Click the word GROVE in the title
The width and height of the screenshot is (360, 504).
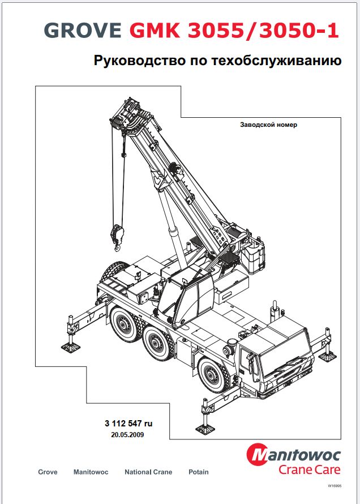click(x=83, y=30)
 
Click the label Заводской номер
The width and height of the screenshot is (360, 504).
click(x=268, y=125)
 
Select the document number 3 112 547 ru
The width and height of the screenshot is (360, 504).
click(x=128, y=424)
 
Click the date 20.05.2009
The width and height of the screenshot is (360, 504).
click(x=127, y=435)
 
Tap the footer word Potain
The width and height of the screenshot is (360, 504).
click(x=199, y=472)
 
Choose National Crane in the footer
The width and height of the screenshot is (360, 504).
click(x=148, y=472)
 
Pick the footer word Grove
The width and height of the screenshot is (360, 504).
click(x=48, y=472)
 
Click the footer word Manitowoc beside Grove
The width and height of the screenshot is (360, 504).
click(x=91, y=472)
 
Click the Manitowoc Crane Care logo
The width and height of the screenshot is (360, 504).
click(x=294, y=459)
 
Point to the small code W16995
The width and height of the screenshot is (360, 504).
click(x=335, y=486)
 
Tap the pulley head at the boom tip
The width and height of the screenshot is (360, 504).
click(x=128, y=116)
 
